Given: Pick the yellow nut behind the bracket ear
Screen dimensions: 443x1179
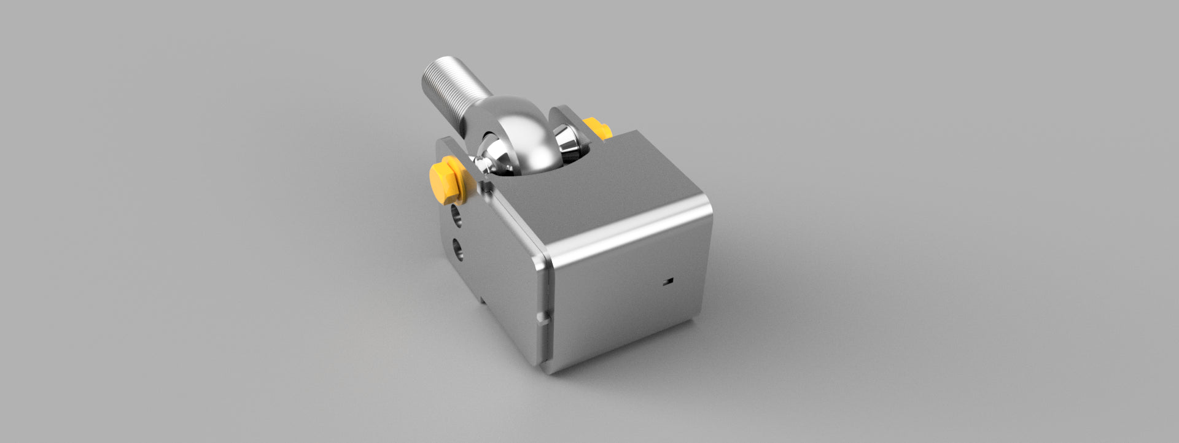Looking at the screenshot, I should click(597, 128).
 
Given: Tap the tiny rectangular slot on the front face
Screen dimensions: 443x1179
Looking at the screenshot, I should click(669, 282).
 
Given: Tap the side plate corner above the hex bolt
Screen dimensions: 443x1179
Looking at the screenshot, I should click(443, 142).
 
